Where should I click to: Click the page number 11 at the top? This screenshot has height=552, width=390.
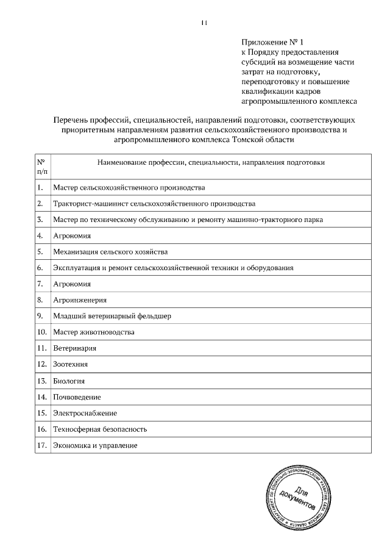(204, 23)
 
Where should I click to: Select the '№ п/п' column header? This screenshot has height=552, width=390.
(41, 167)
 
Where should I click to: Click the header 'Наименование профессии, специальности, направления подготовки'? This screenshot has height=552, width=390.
(210, 163)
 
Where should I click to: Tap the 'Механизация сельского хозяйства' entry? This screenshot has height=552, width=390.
(110, 251)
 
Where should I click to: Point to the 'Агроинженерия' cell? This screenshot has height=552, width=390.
(80, 300)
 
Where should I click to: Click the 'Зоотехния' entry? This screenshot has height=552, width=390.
(71, 364)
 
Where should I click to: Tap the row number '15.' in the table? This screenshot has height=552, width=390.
(41, 413)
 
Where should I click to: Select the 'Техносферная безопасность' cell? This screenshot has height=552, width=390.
(100, 429)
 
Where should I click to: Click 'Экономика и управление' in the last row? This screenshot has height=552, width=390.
(95, 446)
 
